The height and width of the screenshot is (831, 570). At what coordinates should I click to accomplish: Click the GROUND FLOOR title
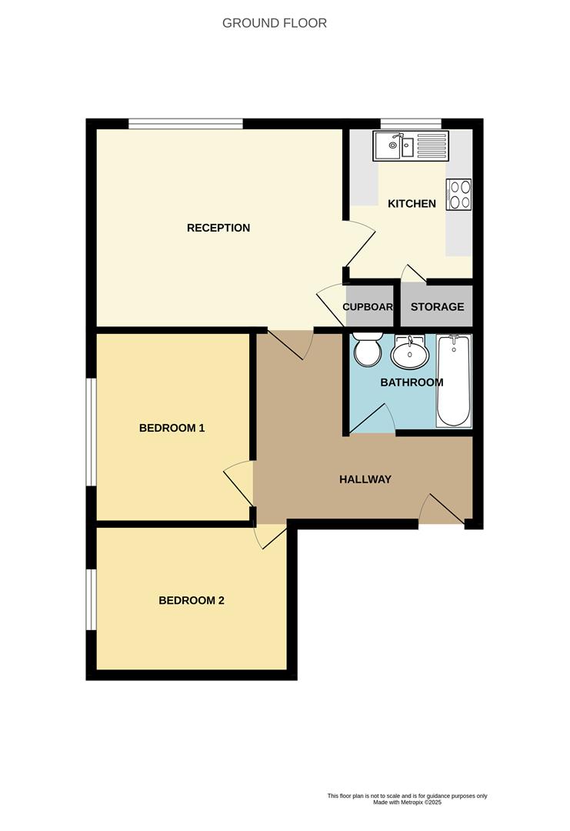pos(275,23)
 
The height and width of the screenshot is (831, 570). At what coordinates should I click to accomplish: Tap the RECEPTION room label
pos(218,228)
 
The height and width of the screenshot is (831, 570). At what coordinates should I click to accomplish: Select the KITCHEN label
pos(412,204)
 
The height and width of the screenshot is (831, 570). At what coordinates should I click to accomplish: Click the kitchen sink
pos(410,145)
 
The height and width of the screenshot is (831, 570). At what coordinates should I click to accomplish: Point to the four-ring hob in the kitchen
pos(459,194)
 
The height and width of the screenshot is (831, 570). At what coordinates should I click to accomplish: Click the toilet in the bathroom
pos(366,350)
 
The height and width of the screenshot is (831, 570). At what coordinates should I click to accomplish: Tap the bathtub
pos(454,380)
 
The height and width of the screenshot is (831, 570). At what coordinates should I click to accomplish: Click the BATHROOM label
pos(412,382)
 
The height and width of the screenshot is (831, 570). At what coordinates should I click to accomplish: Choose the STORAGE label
pos(437,306)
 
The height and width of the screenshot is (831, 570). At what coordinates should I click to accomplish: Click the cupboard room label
pos(368,306)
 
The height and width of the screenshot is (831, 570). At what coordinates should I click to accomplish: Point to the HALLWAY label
pos(365,479)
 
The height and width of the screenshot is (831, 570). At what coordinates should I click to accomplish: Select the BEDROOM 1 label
pos(172,428)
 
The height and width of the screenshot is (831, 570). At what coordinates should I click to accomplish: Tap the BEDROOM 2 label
pos(192,600)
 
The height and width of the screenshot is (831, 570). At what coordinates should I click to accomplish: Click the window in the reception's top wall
pos(185,123)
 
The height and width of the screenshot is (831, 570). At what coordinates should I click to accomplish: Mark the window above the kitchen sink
pos(411,123)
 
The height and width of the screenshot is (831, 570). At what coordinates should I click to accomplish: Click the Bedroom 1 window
pos(91,432)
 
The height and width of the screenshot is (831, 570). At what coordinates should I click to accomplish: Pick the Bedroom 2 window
pos(91,599)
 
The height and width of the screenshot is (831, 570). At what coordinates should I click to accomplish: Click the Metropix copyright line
pos(407,802)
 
